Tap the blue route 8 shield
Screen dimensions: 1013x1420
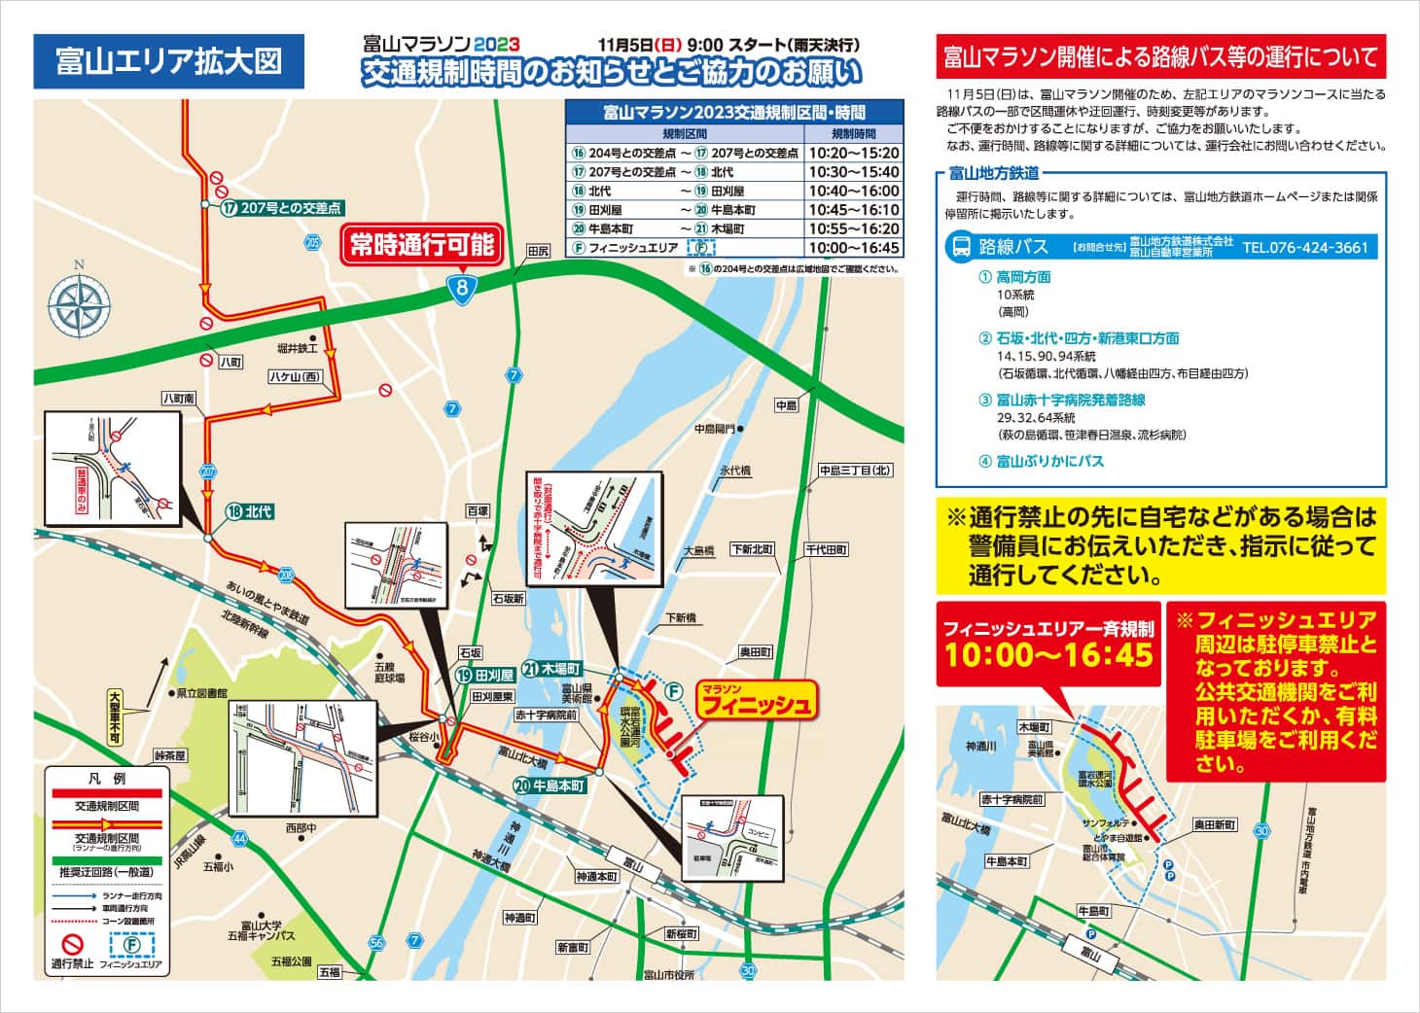pyautogui.click(x=465, y=287)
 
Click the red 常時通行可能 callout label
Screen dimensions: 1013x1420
pyautogui.click(x=422, y=245)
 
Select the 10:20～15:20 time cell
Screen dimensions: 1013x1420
pyautogui.click(x=853, y=153)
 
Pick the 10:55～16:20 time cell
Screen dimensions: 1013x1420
pyautogui.click(x=853, y=228)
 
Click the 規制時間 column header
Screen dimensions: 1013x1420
pyautogui.click(x=853, y=133)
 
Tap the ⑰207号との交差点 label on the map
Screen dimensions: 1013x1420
pyautogui.click(x=281, y=208)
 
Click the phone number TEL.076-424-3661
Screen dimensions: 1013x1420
pyautogui.click(x=1304, y=247)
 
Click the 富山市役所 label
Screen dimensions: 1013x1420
pyautogui.click(x=669, y=975)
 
